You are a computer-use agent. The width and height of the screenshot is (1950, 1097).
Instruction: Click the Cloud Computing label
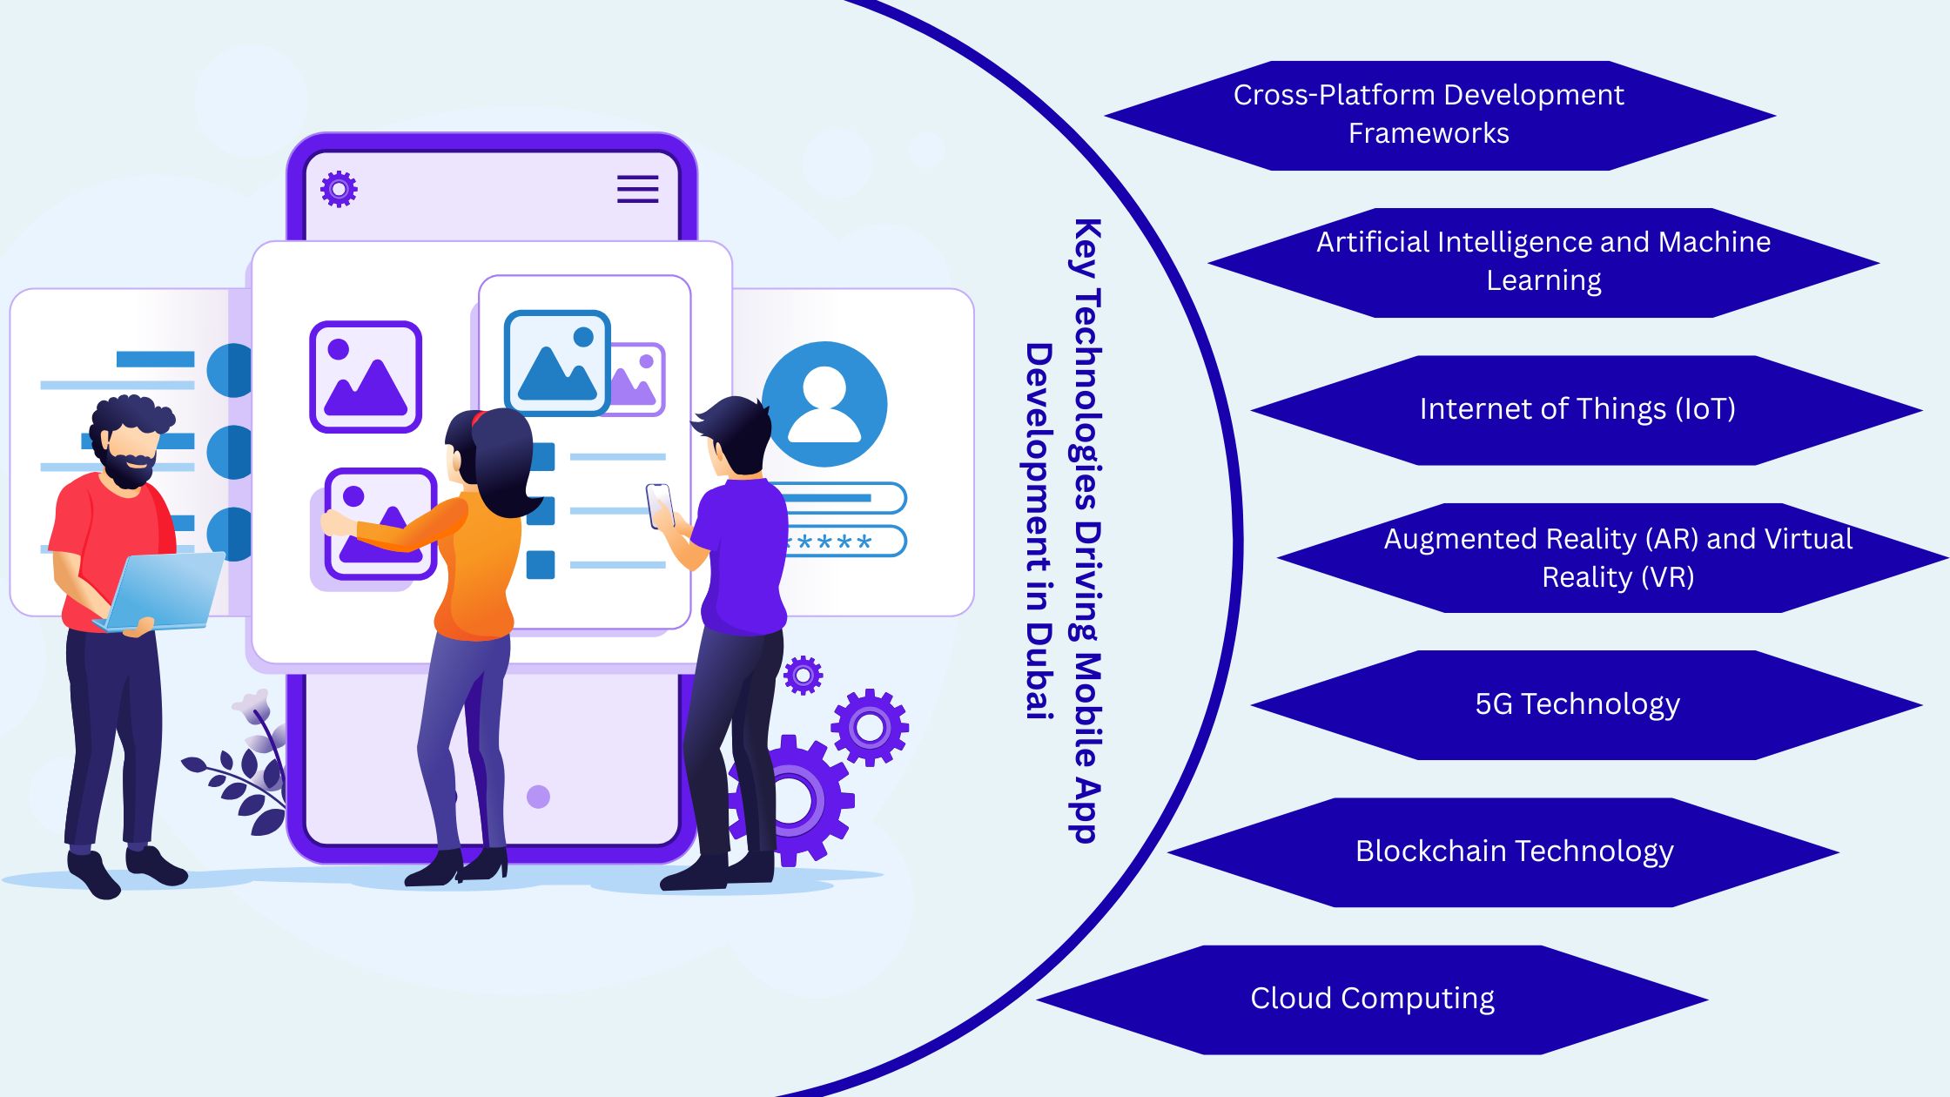[x=1372, y=998]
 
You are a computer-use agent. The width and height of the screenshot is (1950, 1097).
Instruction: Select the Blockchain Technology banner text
[x=1514, y=851]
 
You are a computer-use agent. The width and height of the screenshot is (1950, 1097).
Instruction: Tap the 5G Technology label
[x=1577, y=703]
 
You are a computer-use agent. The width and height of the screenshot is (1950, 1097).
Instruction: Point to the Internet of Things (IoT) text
[x=1577, y=408]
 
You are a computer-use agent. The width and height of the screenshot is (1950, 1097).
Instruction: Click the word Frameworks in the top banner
[x=1429, y=133]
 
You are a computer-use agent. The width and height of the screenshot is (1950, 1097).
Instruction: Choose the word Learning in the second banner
[x=1543, y=280]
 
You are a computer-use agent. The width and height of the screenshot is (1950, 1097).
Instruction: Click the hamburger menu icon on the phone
[x=637, y=189]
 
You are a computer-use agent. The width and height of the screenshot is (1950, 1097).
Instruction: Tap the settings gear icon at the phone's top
[x=339, y=189]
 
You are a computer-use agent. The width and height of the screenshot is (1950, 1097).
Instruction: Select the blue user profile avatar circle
[x=824, y=404]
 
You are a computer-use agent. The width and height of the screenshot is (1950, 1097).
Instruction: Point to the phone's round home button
[x=538, y=797]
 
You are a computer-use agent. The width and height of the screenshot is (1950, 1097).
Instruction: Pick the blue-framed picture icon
[x=557, y=362]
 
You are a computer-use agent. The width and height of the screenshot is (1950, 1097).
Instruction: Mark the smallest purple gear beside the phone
[x=803, y=675]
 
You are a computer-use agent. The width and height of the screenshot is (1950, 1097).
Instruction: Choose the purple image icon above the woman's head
[x=366, y=377]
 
